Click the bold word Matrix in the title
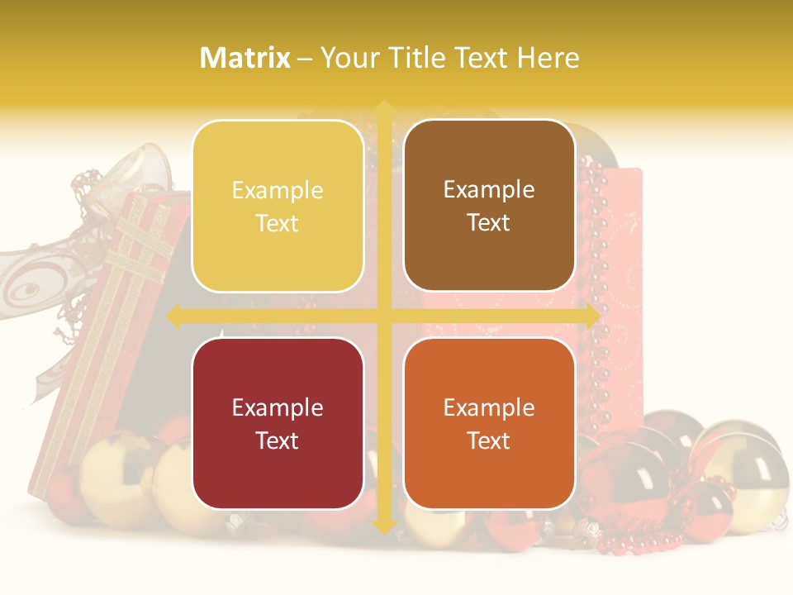pyautogui.click(x=245, y=58)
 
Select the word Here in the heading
pyautogui.click(x=548, y=58)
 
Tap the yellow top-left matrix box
pyautogui.click(x=278, y=207)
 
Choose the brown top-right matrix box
pyautogui.click(x=489, y=206)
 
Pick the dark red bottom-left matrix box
pyautogui.click(x=278, y=423)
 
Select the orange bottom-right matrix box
pyautogui.click(x=489, y=423)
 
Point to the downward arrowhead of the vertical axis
pyautogui.click(x=383, y=526)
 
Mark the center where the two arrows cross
pyautogui.click(x=383, y=316)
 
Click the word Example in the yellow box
pyautogui.click(x=278, y=191)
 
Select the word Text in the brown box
pyautogui.click(x=489, y=223)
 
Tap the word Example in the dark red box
pyautogui.click(x=278, y=407)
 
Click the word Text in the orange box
pyautogui.click(x=489, y=440)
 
